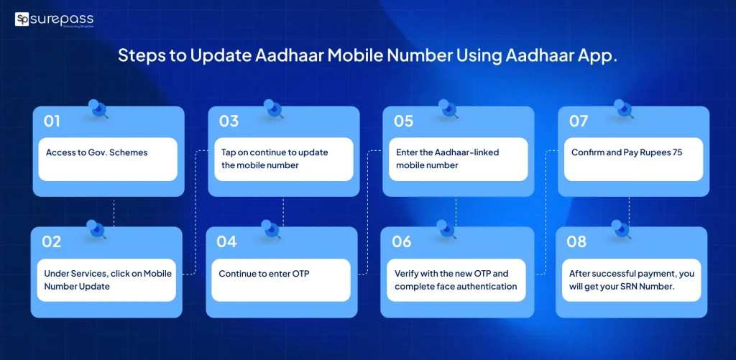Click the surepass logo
click(54, 19)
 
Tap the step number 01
click(52, 121)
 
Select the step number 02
click(51, 241)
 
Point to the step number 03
click(229, 121)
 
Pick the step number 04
click(226, 241)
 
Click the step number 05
click(403, 121)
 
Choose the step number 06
click(402, 241)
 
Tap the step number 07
click(579, 121)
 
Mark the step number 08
click(576, 241)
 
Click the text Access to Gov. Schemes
click(96, 152)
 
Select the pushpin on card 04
click(272, 229)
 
